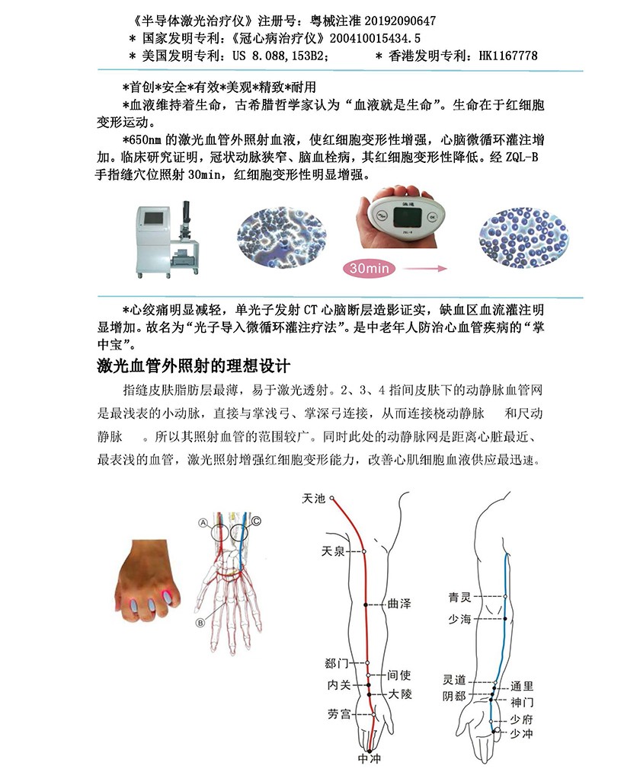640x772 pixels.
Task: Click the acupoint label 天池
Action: [313, 499]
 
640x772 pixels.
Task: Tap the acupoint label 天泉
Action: [333, 550]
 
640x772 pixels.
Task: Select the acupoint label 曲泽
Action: [399, 604]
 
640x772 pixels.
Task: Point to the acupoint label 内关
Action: [338, 685]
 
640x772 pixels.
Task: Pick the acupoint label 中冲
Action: [369, 759]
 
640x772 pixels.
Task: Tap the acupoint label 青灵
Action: [464, 598]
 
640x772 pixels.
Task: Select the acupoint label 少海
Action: [464, 618]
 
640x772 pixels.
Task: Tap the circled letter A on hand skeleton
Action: [203, 522]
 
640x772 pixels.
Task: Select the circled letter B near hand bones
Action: [201, 622]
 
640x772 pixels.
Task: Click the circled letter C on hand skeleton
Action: [256, 521]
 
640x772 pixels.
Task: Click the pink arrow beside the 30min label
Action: [423, 268]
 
